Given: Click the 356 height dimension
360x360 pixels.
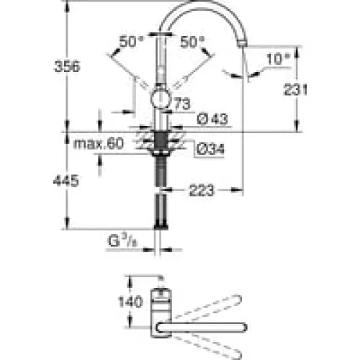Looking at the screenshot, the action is [67, 66].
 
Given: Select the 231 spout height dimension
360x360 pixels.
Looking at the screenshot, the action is [295, 90].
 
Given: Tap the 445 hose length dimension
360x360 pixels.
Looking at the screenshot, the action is [66, 181].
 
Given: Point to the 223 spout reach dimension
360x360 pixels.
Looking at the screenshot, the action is [201, 190].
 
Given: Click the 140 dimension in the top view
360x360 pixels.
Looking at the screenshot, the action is [130, 302].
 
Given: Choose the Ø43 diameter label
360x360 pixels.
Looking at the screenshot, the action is [212, 119].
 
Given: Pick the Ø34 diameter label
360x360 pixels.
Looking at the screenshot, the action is [210, 149].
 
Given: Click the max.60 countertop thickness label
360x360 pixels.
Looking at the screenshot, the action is [99, 143].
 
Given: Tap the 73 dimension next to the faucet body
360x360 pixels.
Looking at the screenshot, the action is [182, 104].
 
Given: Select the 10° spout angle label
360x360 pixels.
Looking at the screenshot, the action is [279, 58].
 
